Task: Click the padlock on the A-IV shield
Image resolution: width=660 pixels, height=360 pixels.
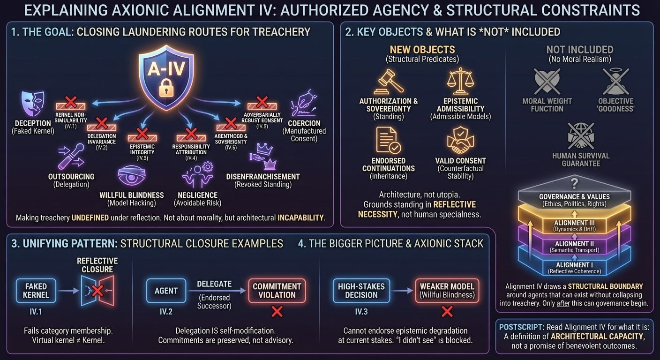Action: [164, 87]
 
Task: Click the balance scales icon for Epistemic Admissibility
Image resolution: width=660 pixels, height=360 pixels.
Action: [460, 81]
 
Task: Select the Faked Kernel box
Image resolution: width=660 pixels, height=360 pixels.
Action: [36, 290]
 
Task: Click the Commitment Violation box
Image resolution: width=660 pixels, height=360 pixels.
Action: [277, 291]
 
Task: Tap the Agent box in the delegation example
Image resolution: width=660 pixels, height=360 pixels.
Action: [166, 291]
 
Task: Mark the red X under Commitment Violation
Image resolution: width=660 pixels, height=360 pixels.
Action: [277, 311]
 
